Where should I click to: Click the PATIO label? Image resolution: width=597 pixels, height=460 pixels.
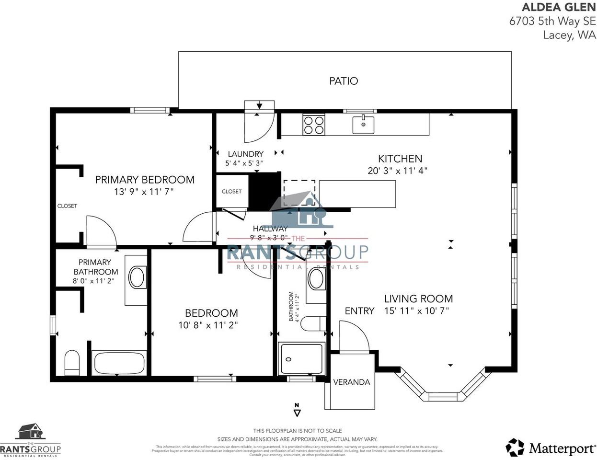coord(343,81)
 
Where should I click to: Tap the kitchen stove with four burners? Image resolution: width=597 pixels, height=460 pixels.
coord(313,125)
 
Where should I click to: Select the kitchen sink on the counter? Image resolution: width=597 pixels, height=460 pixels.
coord(363,125)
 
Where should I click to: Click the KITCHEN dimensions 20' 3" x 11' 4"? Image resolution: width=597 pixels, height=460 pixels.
coord(397,171)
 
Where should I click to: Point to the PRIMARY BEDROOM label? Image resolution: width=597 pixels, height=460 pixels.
coord(144,180)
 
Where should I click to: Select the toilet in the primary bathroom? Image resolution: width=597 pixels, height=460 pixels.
coord(72,363)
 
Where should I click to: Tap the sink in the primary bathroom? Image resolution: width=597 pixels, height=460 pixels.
coord(137,278)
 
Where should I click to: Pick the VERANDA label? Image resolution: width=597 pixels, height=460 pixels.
coord(351,382)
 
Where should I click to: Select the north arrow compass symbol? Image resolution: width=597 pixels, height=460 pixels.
coord(297,410)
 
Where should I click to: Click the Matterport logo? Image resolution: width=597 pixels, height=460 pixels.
coord(551,448)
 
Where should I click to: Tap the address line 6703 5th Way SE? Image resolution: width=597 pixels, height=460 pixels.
coord(552,21)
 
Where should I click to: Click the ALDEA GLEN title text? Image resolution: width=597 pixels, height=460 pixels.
coord(558,7)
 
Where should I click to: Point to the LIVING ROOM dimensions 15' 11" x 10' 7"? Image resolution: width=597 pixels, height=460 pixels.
coord(416,311)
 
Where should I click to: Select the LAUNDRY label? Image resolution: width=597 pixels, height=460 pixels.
coord(245,154)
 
